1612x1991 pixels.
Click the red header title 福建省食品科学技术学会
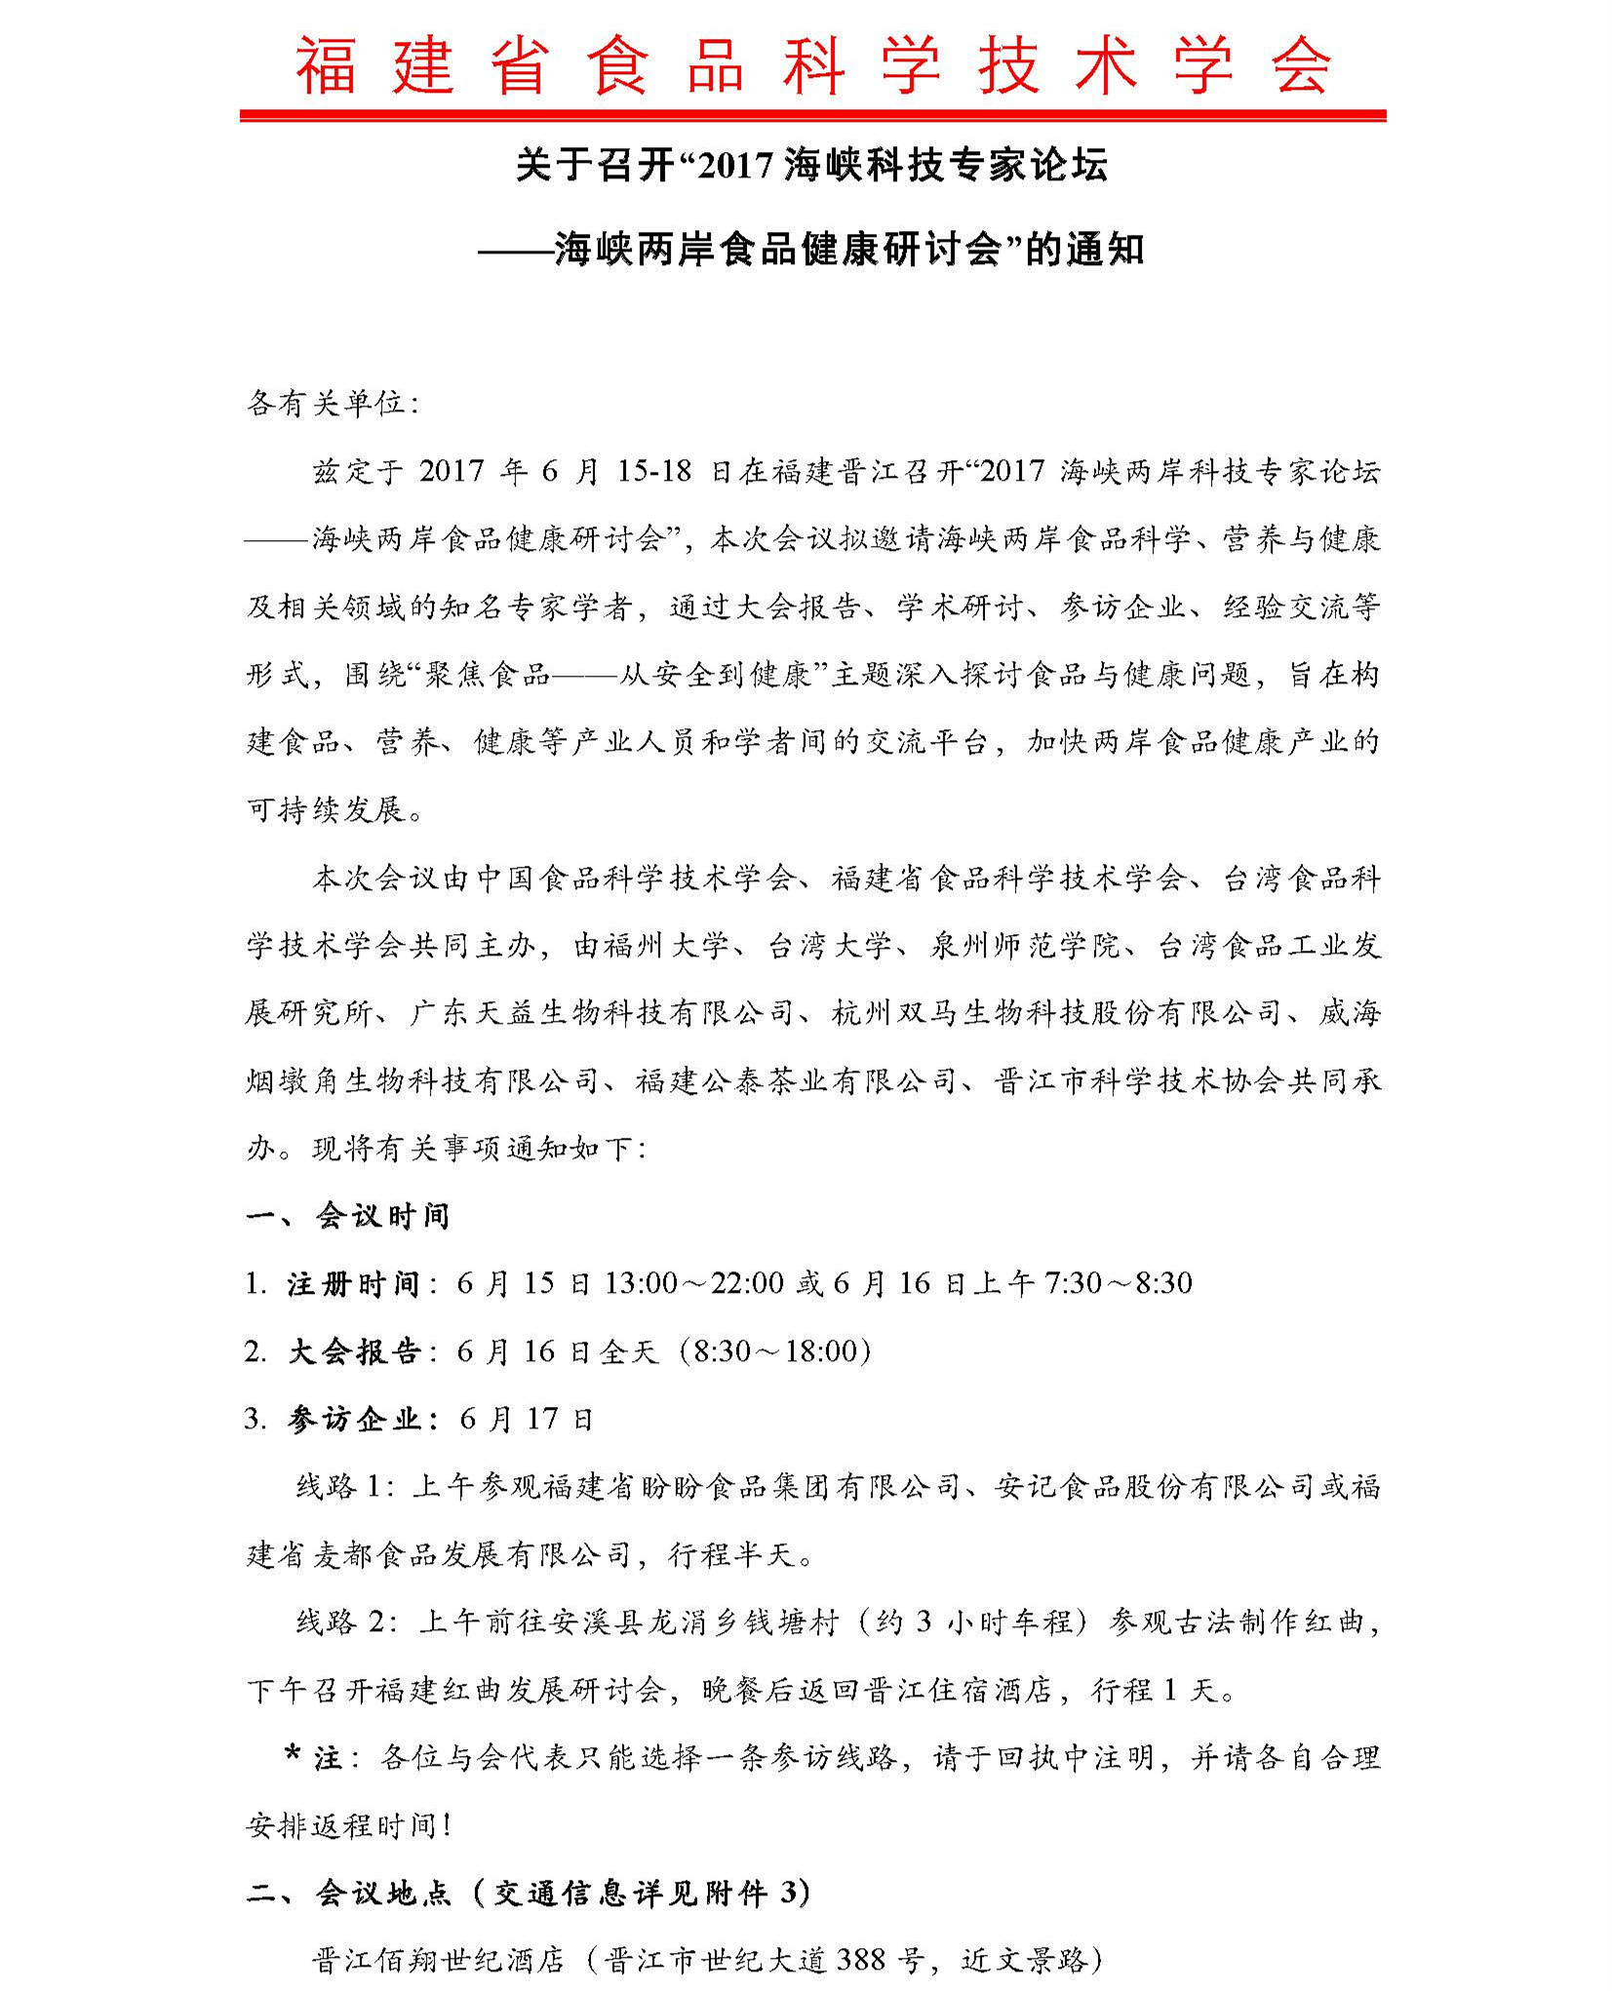point(812,66)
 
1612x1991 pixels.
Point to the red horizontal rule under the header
point(812,116)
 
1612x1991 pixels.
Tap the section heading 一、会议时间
point(347,1216)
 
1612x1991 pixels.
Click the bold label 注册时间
point(352,1284)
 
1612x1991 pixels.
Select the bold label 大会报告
point(354,1351)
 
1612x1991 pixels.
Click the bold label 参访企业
point(354,1420)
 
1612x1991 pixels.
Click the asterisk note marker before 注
point(292,1756)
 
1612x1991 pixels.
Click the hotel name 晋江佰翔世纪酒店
point(438,1960)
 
